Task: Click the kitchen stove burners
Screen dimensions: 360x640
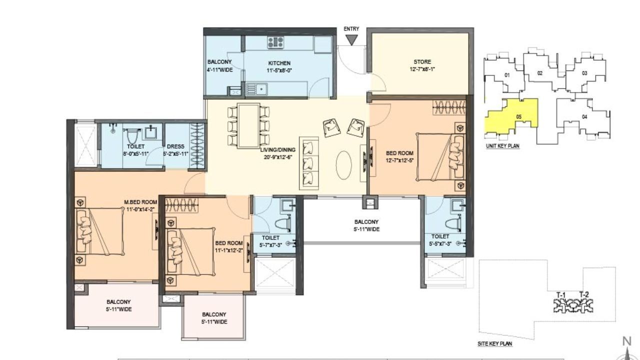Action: pos(275,42)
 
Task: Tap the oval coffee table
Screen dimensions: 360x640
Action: pos(343,165)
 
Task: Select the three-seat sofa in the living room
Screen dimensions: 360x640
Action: pos(309,162)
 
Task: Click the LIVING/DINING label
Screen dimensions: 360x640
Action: pos(277,150)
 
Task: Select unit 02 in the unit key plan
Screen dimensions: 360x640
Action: pos(540,73)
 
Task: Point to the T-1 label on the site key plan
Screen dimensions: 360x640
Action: pos(561,294)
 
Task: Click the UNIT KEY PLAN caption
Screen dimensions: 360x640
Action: pos(502,146)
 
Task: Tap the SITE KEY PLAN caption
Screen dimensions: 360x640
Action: pos(495,344)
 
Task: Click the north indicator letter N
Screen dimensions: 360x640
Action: pos(626,341)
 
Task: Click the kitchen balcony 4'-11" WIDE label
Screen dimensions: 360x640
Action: pos(220,66)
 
